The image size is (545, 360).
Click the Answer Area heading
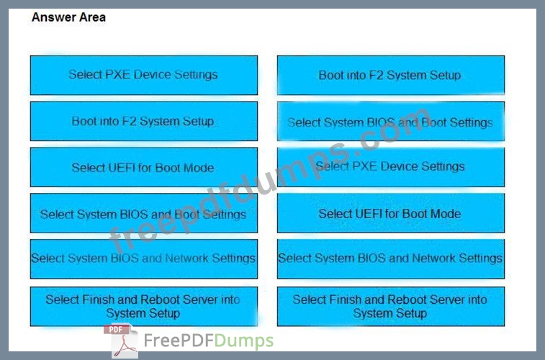point(68,17)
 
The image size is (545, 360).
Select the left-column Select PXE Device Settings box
point(144,75)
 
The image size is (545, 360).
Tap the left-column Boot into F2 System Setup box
point(144,121)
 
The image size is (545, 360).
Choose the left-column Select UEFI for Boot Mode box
point(144,167)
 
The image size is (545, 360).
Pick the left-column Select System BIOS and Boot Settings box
point(144,213)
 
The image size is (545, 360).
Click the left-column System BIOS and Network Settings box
point(144,259)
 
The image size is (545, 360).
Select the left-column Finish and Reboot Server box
point(144,307)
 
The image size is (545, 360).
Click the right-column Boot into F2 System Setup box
point(391,75)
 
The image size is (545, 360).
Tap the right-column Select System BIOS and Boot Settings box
point(391,121)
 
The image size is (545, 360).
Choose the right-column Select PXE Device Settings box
point(391,167)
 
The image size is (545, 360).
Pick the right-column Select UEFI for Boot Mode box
point(391,213)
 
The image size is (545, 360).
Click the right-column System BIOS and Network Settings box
point(391,259)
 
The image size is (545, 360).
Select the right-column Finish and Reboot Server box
point(391,307)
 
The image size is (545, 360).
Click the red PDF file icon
point(121,341)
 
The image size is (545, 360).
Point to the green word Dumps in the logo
point(244,341)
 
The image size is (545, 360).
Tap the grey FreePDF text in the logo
point(179,341)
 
